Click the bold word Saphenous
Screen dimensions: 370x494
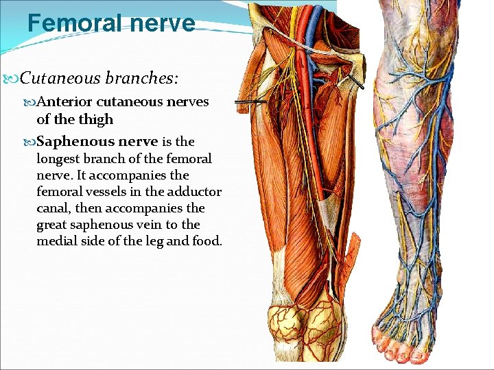[75, 142]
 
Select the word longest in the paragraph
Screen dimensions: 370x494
[59, 159]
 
